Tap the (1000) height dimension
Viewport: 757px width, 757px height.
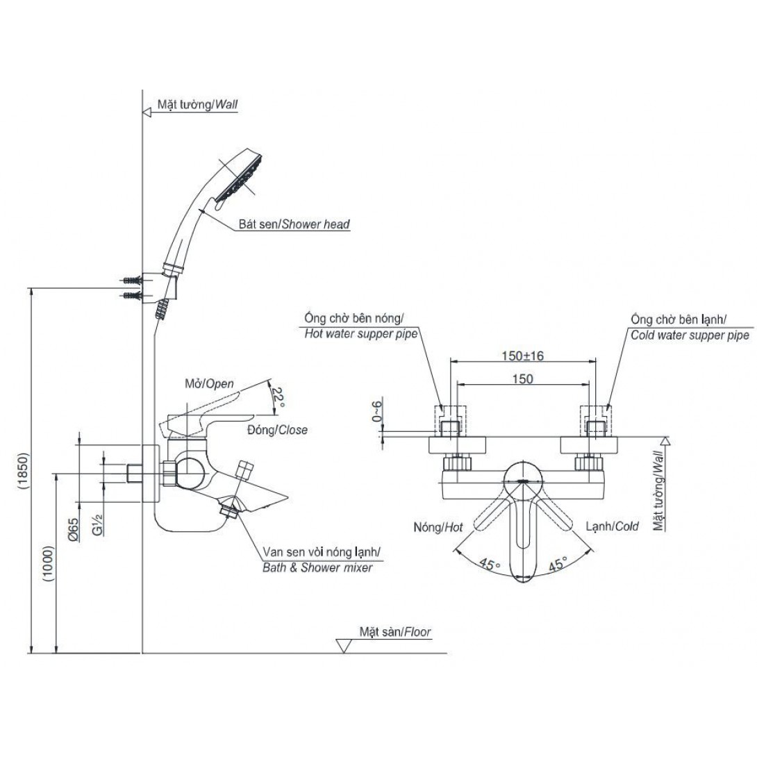pyautogui.click(x=47, y=563)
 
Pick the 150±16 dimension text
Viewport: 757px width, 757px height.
pyautogui.click(x=523, y=356)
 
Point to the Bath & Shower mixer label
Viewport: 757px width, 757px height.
pyautogui.click(x=317, y=567)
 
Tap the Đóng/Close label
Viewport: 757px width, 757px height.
pyautogui.click(x=277, y=430)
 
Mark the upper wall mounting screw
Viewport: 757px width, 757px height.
pyautogui.click(x=131, y=281)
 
